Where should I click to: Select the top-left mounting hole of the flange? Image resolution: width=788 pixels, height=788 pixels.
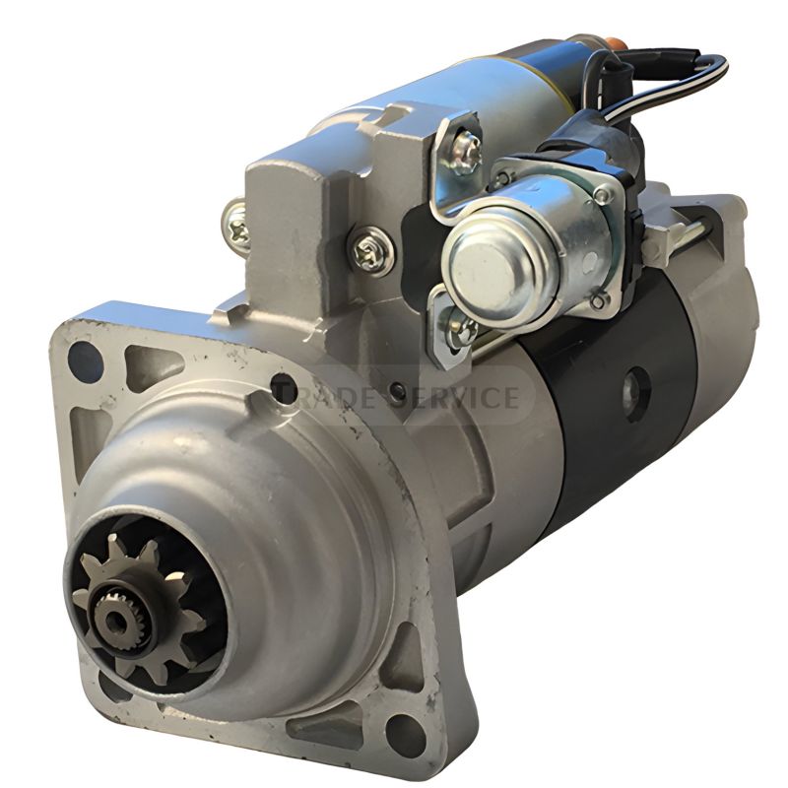[85, 362]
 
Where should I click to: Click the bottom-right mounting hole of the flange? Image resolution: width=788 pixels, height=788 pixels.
[405, 734]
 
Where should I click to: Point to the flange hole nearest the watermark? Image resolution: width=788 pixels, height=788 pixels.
[283, 385]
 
